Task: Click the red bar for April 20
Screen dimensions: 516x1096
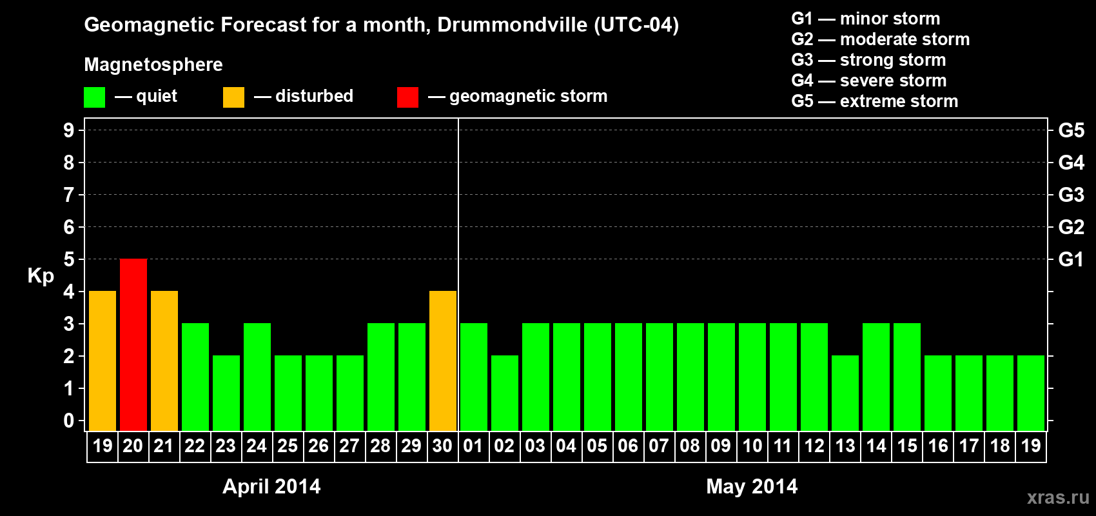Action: [x=133, y=344]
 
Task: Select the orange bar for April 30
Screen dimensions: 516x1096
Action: [x=443, y=361]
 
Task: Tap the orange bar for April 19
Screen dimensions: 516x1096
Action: [x=103, y=361]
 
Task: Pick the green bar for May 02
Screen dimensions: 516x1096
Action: [x=505, y=393]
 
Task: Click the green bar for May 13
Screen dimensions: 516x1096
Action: [x=845, y=393]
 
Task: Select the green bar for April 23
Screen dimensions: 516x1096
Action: [x=226, y=393]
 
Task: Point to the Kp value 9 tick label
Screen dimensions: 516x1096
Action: [x=69, y=130]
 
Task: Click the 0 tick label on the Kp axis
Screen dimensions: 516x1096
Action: [x=69, y=421]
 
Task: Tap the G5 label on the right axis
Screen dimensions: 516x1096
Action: [x=1071, y=130]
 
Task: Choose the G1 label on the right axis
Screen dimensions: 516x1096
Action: [x=1071, y=259]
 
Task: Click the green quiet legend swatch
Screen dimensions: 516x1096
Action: [x=95, y=97]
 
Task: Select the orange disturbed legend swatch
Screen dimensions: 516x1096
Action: [x=233, y=97]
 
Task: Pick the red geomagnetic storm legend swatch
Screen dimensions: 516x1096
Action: [x=407, y=97]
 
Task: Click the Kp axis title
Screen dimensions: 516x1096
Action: [x=41, y=275]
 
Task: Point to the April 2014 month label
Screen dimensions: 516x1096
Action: [x=271, y=486]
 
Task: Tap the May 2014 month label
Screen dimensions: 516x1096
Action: [x=752, y=486]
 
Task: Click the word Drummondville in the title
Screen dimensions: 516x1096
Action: [x=513, y=25]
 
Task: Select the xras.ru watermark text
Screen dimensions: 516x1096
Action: [x=1058, y=497]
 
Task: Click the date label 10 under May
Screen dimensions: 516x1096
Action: [x=752, y=446]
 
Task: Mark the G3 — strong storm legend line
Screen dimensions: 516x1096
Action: [x=868, y=60]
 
